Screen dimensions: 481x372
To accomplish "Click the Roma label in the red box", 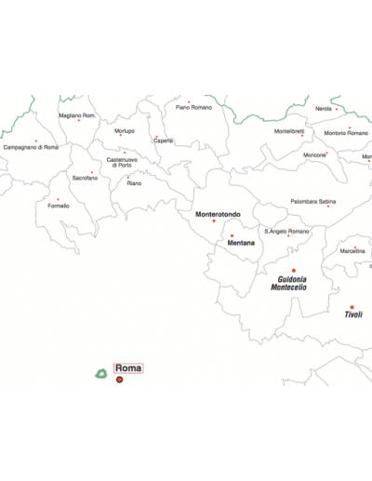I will [x=128, y=368].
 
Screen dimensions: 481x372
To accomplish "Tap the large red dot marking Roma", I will [x=119, y=380].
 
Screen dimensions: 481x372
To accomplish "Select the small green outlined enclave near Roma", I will [x=100, y=374].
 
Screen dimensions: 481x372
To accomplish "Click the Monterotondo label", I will [x=218, y=214].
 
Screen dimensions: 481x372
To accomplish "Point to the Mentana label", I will [x=241, y=243].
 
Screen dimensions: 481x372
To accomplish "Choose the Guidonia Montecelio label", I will [x=289, y=283].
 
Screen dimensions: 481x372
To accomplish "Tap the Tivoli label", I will [x=353, y=314].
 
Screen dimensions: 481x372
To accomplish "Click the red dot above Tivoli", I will [x=352, y=307].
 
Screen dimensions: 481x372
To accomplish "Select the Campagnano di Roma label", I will [x=31, y=147].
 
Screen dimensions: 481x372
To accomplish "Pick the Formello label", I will [x=59, y=206].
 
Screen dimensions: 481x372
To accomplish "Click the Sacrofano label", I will [x=85, y=177].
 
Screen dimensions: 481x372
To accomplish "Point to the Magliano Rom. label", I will [x=77, y=115].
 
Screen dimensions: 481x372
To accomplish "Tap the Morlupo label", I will [x=125, y=131].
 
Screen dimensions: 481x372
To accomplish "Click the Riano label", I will [x=135, y=183].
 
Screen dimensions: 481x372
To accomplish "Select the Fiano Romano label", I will [x=193, y=107].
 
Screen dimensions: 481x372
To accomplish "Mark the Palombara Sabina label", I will [x=313, y=201].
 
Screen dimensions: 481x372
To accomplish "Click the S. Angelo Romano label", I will [x=286, y=231].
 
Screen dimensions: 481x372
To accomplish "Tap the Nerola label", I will [x=323, y=109].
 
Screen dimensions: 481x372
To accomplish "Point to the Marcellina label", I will [x=352, y=251].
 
